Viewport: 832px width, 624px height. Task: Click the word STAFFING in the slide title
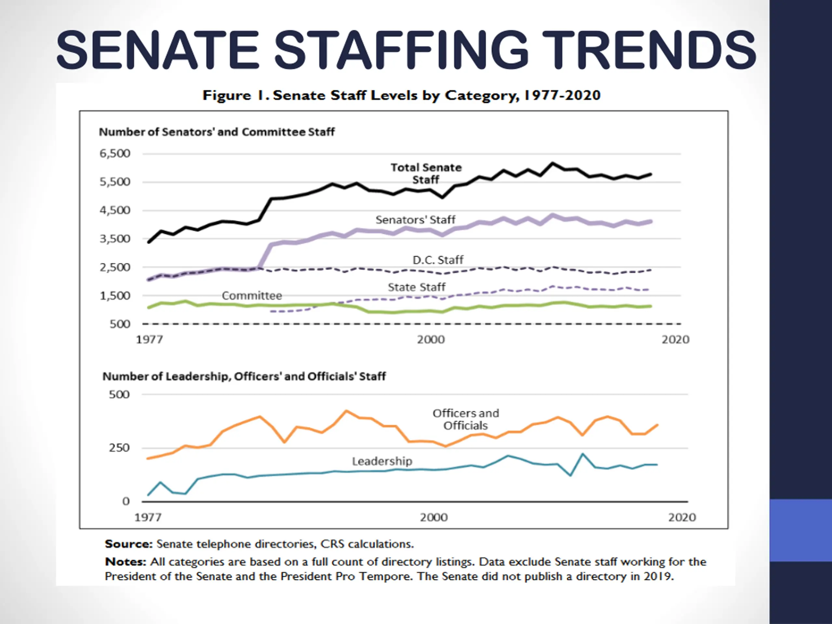(401, 50)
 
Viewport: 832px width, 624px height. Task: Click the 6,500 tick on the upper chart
(115, 153)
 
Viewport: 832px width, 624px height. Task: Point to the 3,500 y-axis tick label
(115, 239)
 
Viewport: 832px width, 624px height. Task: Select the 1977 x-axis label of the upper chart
(149, 340)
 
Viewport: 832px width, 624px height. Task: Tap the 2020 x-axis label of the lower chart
(682, 517)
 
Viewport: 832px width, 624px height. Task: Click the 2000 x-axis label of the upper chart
(431, 340)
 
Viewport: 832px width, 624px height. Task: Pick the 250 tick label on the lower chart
(119, 448)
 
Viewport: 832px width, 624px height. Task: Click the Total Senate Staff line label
(426, 174)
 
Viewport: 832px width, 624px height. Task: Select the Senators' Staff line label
(415, 220)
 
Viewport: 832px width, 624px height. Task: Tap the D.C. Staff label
(438, 260)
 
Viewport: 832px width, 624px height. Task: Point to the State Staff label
(416, 287)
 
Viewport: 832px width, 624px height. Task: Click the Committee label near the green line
(252, 296)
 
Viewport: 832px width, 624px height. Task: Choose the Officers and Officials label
(466, 419)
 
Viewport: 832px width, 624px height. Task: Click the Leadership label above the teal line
(382, 461)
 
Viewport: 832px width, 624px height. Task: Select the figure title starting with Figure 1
(401, 95)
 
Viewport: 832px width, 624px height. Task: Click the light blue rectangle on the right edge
(801, 530)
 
